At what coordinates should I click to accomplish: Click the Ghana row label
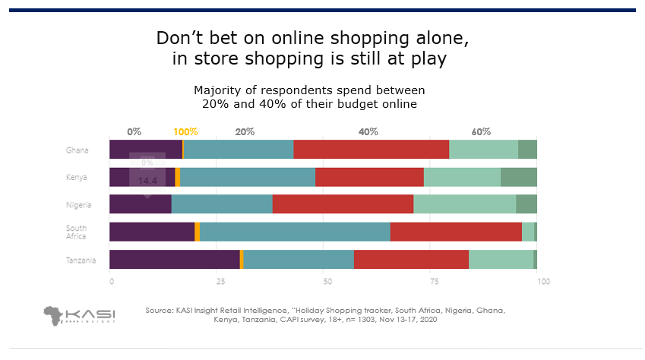point(77,150)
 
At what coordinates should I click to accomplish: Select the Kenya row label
point(77,178)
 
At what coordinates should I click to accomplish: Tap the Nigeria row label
point(79,204)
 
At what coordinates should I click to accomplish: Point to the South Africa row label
point(76,232)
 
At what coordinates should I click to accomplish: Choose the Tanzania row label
point(81,260)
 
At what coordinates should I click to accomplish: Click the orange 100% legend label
point(185,131)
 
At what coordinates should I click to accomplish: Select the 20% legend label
point(245,131)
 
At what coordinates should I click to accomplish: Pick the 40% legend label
point(368,131)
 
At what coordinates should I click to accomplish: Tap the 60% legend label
point(481,131)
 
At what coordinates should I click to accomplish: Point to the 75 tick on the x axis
point(435,282)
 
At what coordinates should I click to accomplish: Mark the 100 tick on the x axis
point(542,282)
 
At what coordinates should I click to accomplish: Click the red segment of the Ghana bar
point(371,150)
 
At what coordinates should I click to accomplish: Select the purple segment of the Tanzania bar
point(174,259)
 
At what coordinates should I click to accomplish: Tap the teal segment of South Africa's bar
point(295,232)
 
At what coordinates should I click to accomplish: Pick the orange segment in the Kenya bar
point(178,177)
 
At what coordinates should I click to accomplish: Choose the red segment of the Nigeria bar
point(343,204)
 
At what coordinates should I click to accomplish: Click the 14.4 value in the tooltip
point(147,181)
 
